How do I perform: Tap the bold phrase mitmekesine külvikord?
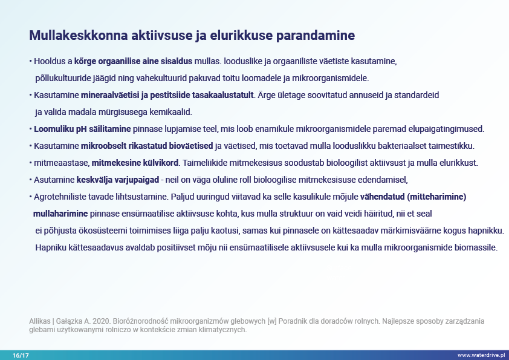[x=136, y=163]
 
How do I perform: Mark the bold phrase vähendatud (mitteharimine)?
[x=414, y=197]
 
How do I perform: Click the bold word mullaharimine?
[x=60, y=214]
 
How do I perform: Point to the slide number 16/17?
[x=20, y=355]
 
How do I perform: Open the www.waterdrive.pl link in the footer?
[x=482, y=355]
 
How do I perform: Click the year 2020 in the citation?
[x=102, y=321]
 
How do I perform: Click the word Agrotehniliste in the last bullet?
[x=60, y=197]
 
